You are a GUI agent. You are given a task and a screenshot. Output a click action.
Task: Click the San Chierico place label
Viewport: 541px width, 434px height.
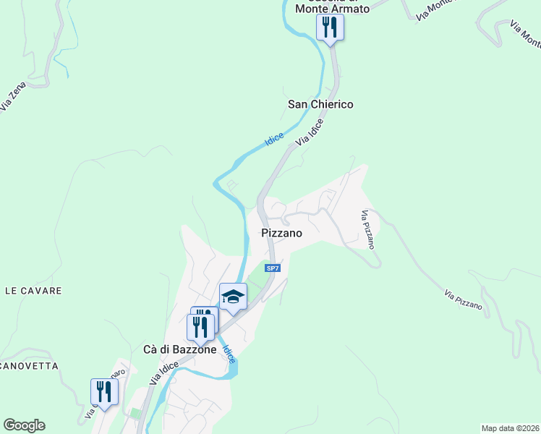pyautogui.click(x=320, y=104)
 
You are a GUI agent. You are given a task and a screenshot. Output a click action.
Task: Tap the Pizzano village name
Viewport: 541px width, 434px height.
pyautogui.click(x=281, y=234)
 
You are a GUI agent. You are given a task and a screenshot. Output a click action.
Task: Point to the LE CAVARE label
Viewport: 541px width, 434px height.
pyautogui.click(x=33, y=291)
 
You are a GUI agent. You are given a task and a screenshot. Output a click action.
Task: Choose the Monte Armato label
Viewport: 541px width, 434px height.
pyautogui.click(x=333, y=8)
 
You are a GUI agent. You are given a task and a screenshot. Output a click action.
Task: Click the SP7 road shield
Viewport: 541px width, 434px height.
pyautogui.click(x=272, y=268)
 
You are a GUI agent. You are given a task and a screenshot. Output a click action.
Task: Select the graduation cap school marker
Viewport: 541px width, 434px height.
pyautogui.click(x=233, y=297)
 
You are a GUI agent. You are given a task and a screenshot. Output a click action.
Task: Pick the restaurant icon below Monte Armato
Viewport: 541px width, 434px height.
pyautogui.click(x=330, y=28)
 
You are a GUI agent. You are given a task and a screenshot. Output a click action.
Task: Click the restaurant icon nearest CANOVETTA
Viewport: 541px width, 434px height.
pyautogui.click(x=104, y=392)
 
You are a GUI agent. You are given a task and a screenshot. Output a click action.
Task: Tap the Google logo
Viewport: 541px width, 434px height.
pyautogui.click(x=24, y=425)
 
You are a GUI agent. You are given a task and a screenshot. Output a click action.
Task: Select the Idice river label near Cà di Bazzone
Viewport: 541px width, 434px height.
pyautogui.click(x=229, y=354)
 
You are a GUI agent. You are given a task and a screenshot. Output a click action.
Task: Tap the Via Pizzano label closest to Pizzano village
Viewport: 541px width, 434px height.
pyautogui.click(x=368, y=229)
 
